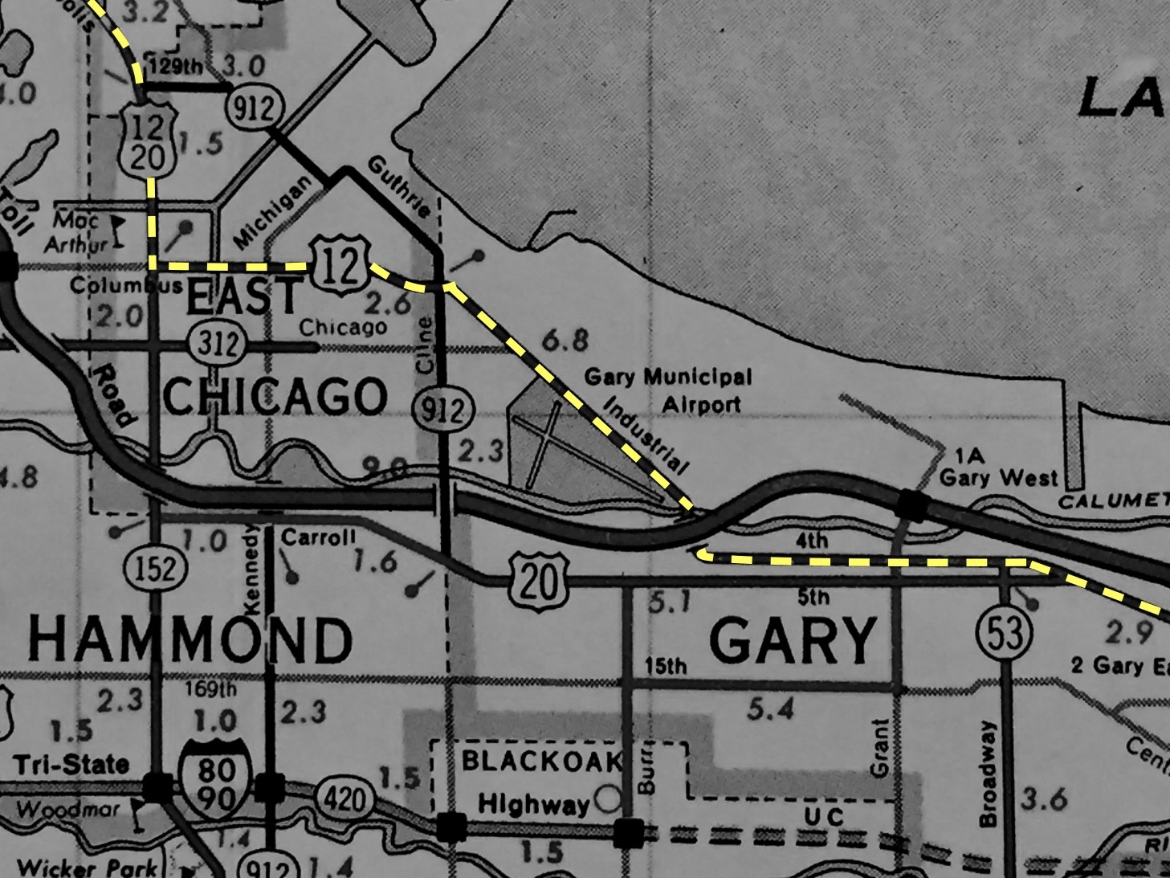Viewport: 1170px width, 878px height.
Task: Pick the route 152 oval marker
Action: tap(155, 569)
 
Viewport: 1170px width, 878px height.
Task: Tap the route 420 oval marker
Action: tap(345, 799)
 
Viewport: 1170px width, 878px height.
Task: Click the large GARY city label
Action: tap(792, 641)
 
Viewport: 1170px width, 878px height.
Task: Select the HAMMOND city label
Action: tap(190, 641)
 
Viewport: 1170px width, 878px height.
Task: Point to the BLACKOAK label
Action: tap(542, 761)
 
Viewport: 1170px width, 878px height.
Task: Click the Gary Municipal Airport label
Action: tap(668, 390)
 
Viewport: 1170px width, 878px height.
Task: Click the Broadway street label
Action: tap(987, 773)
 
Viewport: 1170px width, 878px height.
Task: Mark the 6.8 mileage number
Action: tap(565, 341)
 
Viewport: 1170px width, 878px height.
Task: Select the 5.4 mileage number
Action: tap(769, 709)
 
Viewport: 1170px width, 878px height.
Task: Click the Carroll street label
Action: tap(318, 537)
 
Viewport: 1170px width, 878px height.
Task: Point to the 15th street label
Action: tap(666, 666)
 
